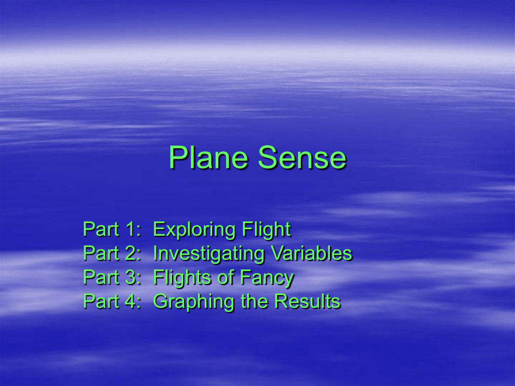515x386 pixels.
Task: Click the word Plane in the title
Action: tap(208, 158)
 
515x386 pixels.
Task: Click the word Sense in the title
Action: tap(302, 158)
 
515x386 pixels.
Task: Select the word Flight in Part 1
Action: tap(267, 229)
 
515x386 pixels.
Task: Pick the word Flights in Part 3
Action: tap(182, 277)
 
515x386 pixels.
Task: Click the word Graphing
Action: tap(194, 302)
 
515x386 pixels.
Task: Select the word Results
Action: tap(307, 302)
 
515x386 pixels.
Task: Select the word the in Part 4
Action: tap(254, 301)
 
